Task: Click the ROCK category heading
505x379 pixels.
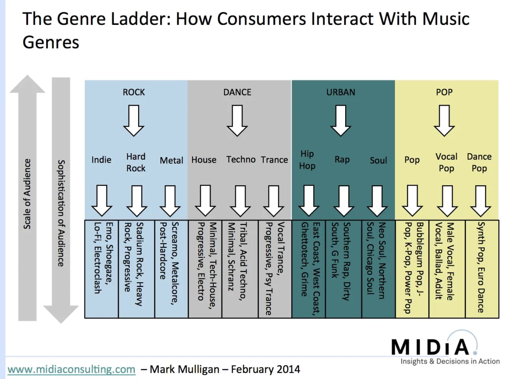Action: tap(134, 92)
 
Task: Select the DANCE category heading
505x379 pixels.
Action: tap(237, 92)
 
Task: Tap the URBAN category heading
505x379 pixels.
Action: tap(340, 92)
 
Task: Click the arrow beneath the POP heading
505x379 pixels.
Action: tap(444, 120)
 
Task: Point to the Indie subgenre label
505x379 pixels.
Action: tap(101, 160)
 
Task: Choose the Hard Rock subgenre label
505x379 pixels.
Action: tap(136, 162)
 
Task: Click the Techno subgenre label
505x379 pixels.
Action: tap(241, 159)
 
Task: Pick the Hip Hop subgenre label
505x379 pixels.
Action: tap(307, 160)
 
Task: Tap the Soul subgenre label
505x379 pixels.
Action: tap(378, 160)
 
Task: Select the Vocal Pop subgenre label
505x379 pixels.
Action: tap(446, 162)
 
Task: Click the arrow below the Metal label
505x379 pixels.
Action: tap(170, 201)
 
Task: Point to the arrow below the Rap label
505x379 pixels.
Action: tap(344, 201)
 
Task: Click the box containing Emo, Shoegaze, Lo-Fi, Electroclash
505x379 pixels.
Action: tap(102, 268)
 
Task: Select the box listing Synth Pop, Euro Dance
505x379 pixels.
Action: tap(482, 268)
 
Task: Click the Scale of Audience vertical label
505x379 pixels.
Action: tap(27, 193)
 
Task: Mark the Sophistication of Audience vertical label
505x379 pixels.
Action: tap(61, 213)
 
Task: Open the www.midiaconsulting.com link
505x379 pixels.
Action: tap(71, 370)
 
